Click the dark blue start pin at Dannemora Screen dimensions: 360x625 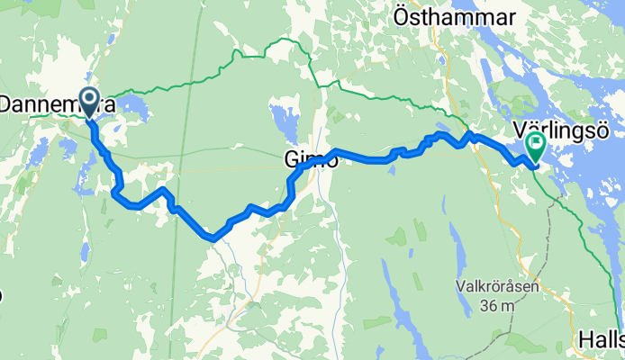(89, 100)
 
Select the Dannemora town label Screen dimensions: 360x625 (56, 105)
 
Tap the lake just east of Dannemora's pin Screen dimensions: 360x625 (133, 109)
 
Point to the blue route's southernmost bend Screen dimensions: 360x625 (211, 238)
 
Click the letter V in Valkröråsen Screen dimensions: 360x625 (458, 289)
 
